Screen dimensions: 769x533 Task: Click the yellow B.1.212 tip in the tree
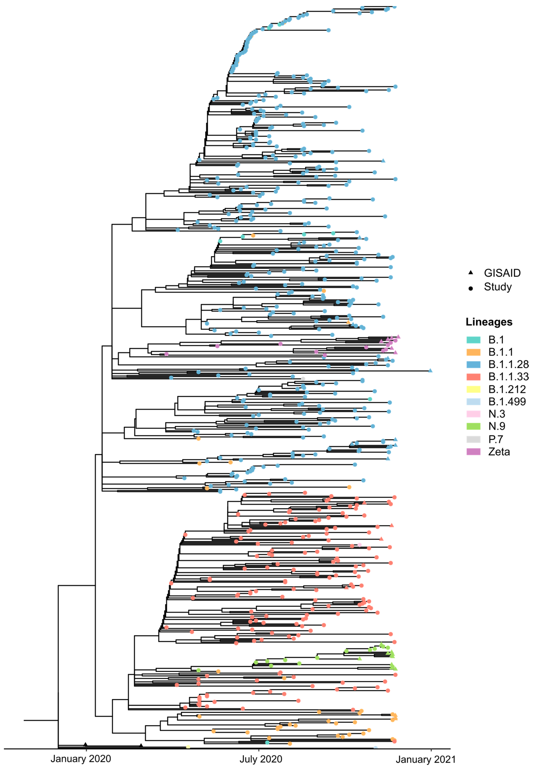pyautogui.click(x=188, y=747)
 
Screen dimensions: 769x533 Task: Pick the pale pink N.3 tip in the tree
pyautogui.click(x=360, y=545)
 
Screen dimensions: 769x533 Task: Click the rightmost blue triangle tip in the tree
pyautogui.click(x=430, y=370)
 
